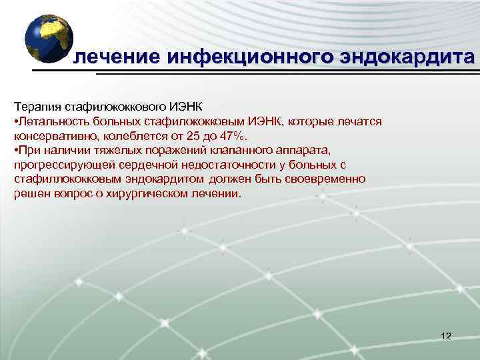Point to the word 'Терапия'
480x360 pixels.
point(37,107)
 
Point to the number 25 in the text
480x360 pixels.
point(190,136)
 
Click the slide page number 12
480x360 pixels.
point(446,336)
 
